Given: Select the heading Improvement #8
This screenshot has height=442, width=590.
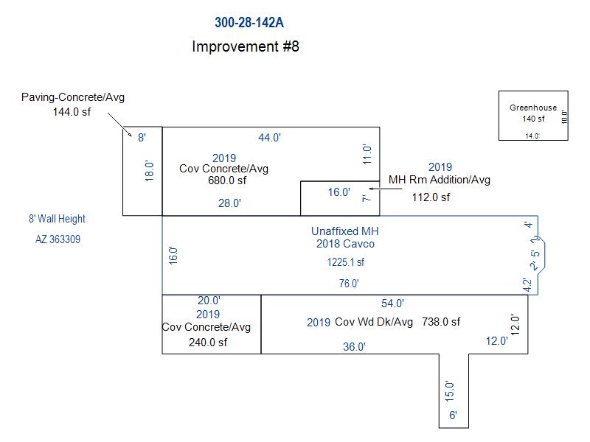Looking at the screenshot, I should pos(245,46).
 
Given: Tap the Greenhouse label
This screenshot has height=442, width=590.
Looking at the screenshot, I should pos(533,108).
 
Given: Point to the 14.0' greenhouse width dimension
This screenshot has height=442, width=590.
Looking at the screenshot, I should pos(532,136).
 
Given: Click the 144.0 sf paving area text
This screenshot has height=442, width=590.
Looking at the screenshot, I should pos(72,112).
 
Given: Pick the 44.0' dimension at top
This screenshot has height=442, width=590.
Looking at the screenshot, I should pos(269,137).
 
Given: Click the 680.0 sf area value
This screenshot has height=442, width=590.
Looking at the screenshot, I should pos(227,180).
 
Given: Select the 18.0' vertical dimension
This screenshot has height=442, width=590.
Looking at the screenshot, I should pos(149,172).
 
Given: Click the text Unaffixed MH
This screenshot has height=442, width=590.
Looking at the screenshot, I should pos(345,231).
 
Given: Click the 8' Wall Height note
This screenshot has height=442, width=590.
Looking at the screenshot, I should pos(57,219).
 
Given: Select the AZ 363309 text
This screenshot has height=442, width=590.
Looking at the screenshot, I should pos(58,239).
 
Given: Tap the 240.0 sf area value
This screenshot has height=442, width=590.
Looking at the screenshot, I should pos(207,342).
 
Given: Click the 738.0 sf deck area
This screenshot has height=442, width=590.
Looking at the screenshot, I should pos(440,322).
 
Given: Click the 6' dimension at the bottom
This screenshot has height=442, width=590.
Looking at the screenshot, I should pos(453,416).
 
